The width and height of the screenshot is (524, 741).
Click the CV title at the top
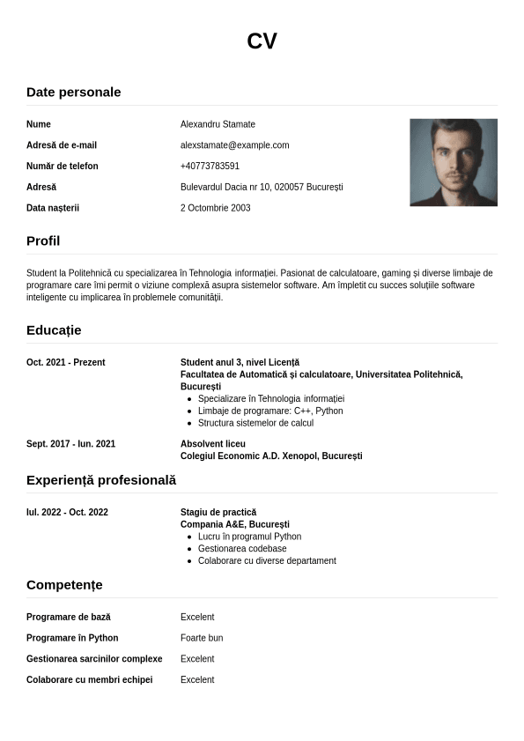pyautogui.click(x=262, y=41)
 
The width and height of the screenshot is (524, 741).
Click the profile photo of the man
pyautogui.click(x=454, y=162)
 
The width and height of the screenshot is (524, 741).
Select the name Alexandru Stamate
pyautogui.click(x=218, y=124)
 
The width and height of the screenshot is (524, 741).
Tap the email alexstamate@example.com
pyautogui.click(x=234, y=145)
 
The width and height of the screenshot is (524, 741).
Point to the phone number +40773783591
pyautogui.click(x=210, y=167)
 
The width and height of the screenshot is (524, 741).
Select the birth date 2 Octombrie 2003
pyautogui.click(x=215, y=209)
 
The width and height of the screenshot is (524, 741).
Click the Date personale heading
pyautogui.click(x=74, y=92)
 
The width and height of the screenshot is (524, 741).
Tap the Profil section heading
pyautogui.click(x=43, y=241)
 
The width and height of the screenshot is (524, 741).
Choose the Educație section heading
pyautogui.click(x=54, y=330)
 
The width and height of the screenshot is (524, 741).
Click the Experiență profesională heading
pyautogui.click(x=101, y=480)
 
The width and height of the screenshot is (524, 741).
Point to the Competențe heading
pyautogui.click(x=64, y=585)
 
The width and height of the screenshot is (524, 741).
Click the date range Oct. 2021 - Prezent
pyautogui.click(x=66, y=363)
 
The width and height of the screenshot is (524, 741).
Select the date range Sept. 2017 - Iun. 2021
pyautogui.click(x=70, y=444)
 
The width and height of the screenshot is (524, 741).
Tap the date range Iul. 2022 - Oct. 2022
pyautogui.click(x=67, y=513)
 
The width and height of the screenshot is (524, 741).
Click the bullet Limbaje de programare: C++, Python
pyautogui.click(x=270, y=411)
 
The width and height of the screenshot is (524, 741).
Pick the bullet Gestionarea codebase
pyautogui.click(x=242, y=549)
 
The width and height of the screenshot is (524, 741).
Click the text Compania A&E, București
pyautogui.click(x=235, y=525)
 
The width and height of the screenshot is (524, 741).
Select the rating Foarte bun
pyautogui.click(x=202, y=639)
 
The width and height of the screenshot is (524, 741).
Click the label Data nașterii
pyautogui.click(x=53, y=209)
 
